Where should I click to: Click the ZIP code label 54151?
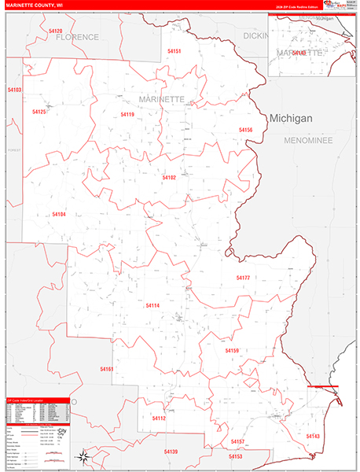click(x=174, y=51)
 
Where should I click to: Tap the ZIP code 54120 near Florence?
click(x=55, y=31)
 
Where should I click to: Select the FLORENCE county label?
click(x=77, y=37)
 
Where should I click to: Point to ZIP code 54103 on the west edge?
click(x=14, y=90)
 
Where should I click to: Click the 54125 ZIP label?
click(x=39, y=112)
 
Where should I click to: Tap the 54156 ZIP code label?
click(x=245, y=130)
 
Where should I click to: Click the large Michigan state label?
click(x=291, y=118)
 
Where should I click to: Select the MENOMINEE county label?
click(x=309, y=139)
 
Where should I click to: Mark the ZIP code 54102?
click(x=169, y=178)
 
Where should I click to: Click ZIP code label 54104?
click(x=59, y=214)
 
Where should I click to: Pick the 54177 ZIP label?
click(x=243, y=278)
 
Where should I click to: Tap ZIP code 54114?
click(x=152, y=305)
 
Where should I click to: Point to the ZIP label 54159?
click(x=231, y=350)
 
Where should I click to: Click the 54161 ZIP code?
click(x=107, y=369)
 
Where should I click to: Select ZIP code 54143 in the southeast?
click(x=313, y=436)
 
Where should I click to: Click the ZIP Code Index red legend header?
click(x=38, y=400)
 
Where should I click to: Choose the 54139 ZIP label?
click(x=171, y=452)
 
